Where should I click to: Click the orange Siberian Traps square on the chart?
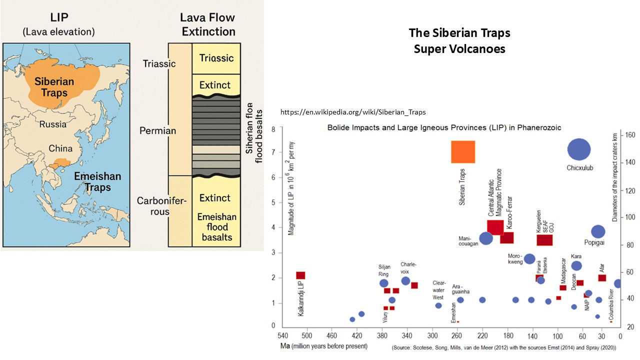463,152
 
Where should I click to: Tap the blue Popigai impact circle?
598,231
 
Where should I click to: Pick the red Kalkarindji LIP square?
300,275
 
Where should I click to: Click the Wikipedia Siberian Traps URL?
353,112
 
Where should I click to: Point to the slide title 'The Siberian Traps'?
459,33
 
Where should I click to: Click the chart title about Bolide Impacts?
444,127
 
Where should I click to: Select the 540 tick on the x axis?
283,336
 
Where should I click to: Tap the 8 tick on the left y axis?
273,129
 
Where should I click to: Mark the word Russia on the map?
53,124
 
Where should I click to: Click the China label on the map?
60,148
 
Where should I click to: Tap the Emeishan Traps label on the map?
97,182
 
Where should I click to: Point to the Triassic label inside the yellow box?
216,58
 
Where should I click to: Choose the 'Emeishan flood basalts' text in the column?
216,227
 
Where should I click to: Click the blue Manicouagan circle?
486,238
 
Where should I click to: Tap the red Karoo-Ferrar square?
507,237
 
